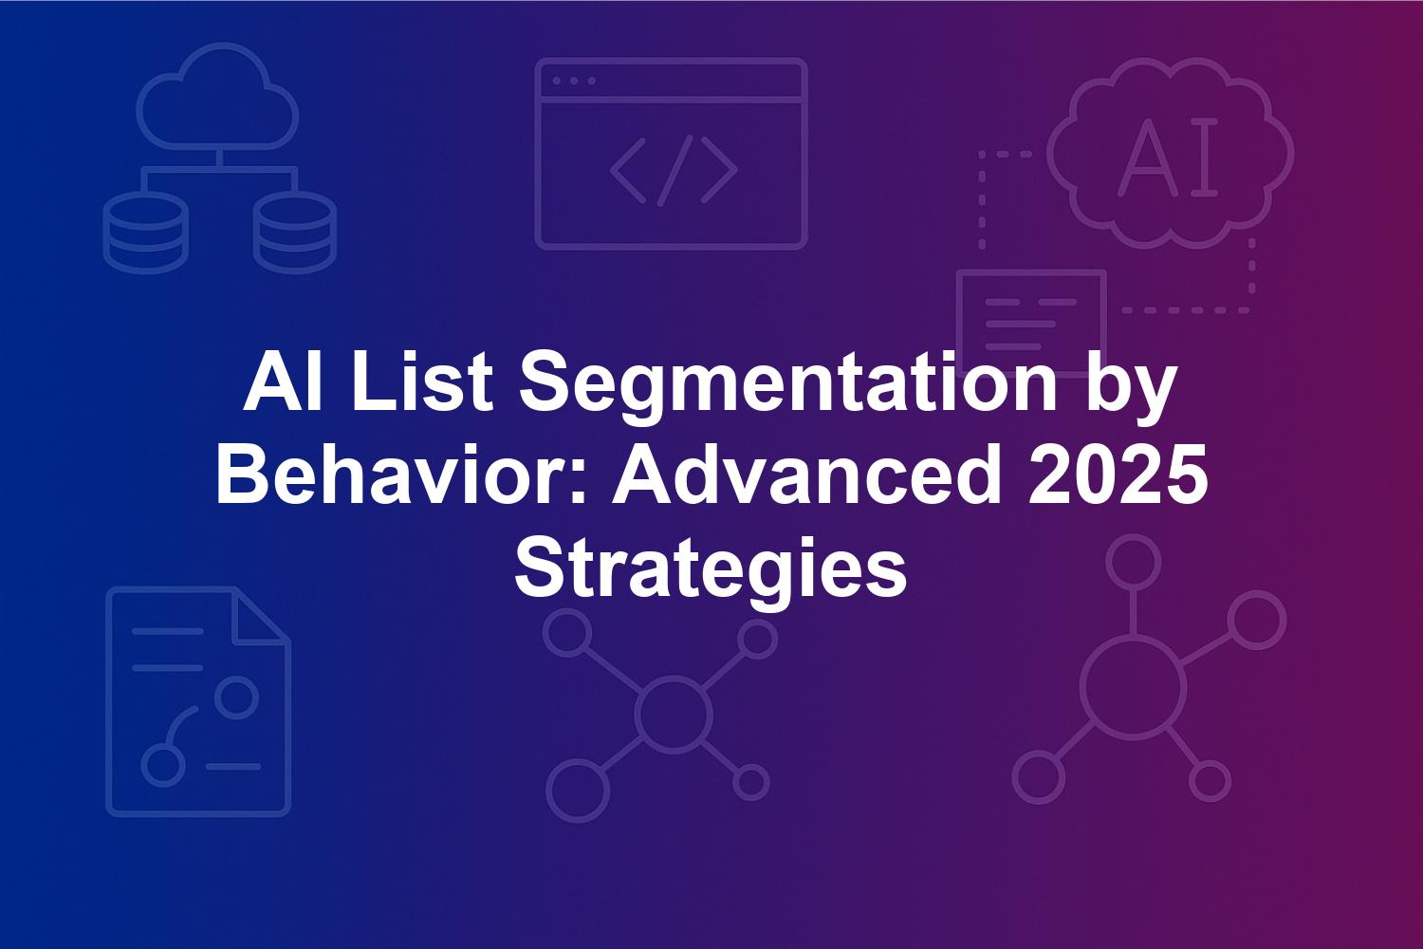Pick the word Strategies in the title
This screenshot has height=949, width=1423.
pyautogui.click(x=711, y=568)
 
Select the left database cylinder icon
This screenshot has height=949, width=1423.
pyautogui.click(x=145, y=233)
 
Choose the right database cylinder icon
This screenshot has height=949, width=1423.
pyautogui.click(x=295, y=233)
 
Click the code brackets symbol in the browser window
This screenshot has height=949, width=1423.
pyautogui.click(x=674, y=171)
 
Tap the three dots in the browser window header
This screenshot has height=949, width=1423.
pyautogui.click(x=574, y=81)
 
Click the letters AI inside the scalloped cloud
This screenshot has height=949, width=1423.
pyautogui.click(x=1167, y=157)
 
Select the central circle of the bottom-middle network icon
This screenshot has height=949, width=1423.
pyautogui.click(x=673, y=715)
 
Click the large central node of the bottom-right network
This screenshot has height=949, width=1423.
pyautogui.click(x=1134, y=689)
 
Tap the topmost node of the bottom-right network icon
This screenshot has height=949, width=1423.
pyautogui.click(x=1134, y=562)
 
